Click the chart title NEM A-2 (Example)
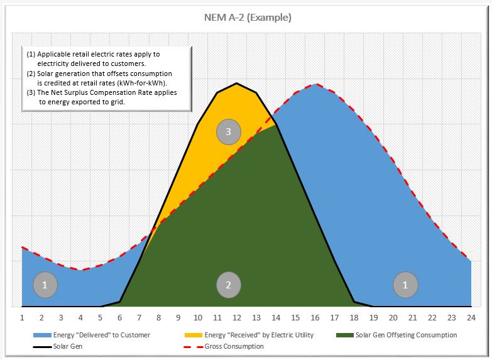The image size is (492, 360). [x=248, y=18]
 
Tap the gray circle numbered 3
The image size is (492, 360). [x=228, y=132]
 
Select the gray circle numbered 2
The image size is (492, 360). [x=229, y=285]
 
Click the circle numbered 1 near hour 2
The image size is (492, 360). [x=45, y=285]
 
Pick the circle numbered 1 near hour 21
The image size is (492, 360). [x=406, y=285]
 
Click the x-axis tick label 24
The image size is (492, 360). [x=470, y=317]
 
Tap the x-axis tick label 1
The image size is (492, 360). [x=23, y=317]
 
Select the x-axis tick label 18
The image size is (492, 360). [x=354, y=317]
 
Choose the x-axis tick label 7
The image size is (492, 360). [x=139, y=317]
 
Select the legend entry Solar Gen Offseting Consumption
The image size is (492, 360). [x=406, y=335]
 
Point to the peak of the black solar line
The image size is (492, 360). [x=237, y=83]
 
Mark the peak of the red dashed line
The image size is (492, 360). [x=315, y=84]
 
